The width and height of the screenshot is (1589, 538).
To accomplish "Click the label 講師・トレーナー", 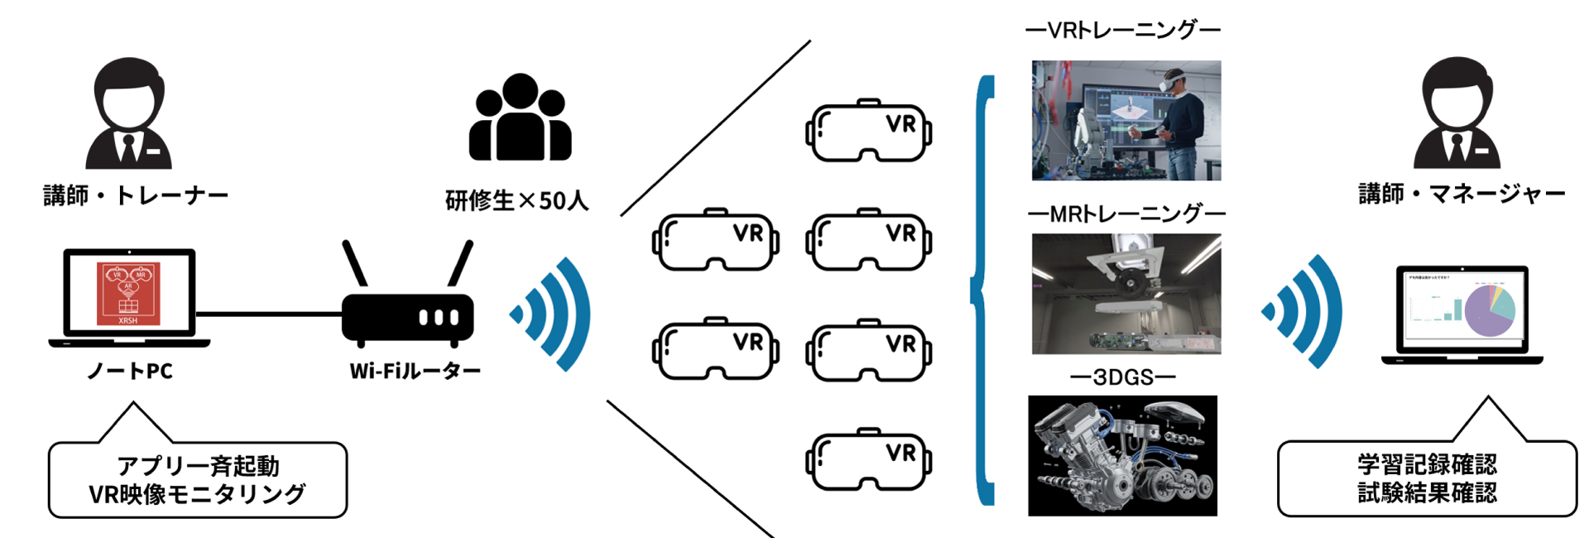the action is point(136,196).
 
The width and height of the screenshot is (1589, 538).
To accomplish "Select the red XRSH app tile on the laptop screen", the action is point(128,294).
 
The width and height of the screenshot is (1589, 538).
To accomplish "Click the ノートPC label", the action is point(130,371).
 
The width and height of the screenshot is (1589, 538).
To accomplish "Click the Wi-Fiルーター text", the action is point(415,371).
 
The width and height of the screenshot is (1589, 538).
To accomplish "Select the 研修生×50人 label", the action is point(516,200).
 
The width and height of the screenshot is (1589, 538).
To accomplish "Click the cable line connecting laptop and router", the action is point(269,315).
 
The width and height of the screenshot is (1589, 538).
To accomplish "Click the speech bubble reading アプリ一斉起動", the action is point(197,480).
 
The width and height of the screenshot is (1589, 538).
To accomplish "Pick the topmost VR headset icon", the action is point(868,131).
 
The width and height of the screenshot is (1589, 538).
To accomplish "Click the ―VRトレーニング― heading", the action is point(1122,31).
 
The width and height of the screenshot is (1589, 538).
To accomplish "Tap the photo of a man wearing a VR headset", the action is point(1126,120).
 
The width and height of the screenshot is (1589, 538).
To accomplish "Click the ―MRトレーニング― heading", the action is point(1126,214).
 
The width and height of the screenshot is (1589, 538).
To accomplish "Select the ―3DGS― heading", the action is point(1122,377).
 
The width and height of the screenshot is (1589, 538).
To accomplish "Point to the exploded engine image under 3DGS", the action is point(1122,455).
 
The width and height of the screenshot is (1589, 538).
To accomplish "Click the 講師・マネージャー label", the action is point(1462,195).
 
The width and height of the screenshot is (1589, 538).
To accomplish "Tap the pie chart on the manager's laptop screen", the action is point(1489,310).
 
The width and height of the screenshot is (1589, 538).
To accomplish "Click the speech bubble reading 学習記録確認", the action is point(1427,478).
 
